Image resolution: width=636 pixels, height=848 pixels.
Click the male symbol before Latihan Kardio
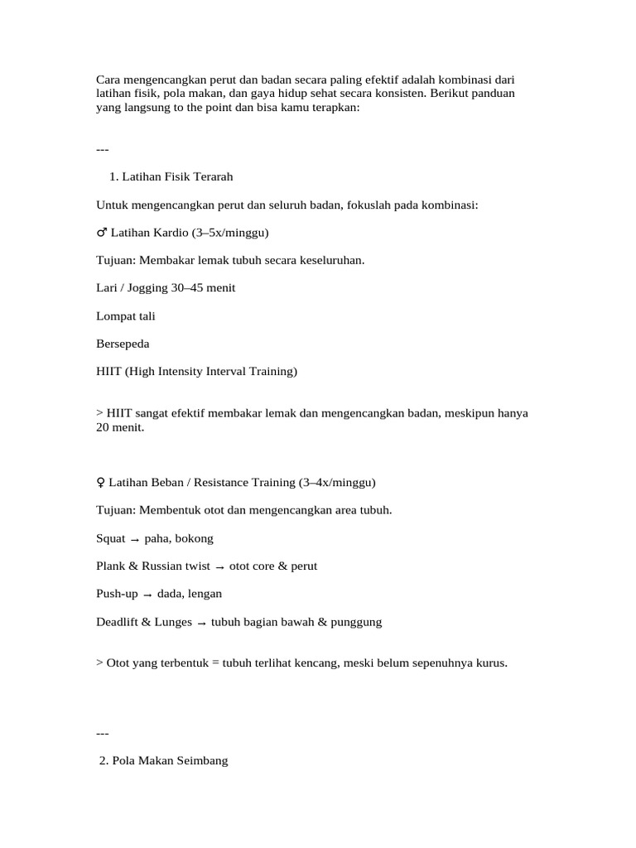[101, 233]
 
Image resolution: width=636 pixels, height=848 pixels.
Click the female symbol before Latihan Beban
[101, 482]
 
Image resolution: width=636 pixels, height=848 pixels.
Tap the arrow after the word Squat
[135, 539]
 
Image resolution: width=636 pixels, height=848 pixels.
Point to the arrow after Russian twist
[219, 567]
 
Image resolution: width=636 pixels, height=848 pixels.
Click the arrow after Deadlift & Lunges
[201, 623]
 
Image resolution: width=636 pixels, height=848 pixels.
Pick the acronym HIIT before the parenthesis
[108, 372]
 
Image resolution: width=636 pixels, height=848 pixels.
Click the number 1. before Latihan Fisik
[114, 176]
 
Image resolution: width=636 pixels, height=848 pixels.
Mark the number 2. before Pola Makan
[104, 761]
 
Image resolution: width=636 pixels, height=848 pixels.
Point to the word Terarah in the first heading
[212, 176]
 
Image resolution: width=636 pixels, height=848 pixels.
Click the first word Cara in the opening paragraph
[108, 80]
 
